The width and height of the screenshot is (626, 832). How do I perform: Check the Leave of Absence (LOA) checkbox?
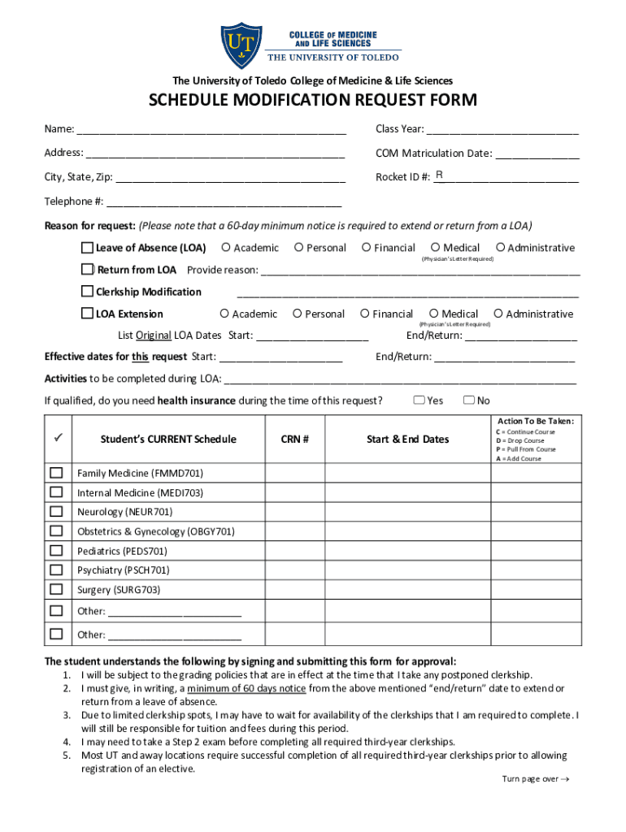[x=87, y=248]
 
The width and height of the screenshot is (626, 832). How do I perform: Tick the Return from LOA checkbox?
[x=87, y=270]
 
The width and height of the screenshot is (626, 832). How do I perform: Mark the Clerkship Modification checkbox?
[x=87, y=292]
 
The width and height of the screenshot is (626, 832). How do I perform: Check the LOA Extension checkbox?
[x=87, y=314]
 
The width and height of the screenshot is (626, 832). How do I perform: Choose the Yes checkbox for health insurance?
[x=419, y=400]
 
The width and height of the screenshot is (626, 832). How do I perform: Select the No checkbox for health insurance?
[x=468, y=400]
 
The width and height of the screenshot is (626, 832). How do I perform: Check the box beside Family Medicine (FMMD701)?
[x=56, y=473]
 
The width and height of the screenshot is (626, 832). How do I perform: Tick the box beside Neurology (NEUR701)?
[x=56, y=512]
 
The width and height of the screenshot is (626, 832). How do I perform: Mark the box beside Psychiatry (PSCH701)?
[x=56, y=570]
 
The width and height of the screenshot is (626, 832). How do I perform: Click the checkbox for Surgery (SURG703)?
[x=56, y=590]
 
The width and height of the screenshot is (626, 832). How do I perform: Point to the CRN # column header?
[x=294, y=440]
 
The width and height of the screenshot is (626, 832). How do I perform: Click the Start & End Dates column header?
[x=407, y=440]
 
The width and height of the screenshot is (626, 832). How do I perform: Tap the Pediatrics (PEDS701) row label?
[x=122, y=551]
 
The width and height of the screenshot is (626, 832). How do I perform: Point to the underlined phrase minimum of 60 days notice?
[x=246, y=689]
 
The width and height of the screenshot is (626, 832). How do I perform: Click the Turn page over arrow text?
[x=535, y=779]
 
